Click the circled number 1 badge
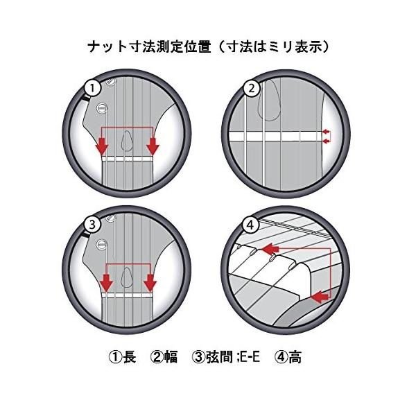point(92,88)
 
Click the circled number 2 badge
point(252,88)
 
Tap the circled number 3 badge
point(92,225)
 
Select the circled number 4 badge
point(251,225)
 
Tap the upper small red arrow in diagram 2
point(327,131)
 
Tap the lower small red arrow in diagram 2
point(327,142)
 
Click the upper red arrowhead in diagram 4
point(270,249)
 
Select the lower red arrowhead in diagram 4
point(320,297)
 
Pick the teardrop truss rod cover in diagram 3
point(128,277)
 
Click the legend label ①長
point(123,357)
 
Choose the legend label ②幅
point(164,357)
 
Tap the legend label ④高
point(288,357)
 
